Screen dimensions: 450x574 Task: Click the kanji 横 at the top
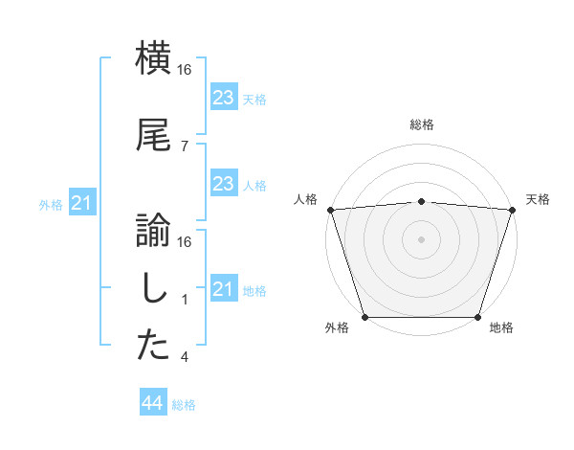pos(153,57)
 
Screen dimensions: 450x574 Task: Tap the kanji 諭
pos(153,230)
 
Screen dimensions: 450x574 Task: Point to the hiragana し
pos(153,287)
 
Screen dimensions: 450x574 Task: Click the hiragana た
pos(153,346)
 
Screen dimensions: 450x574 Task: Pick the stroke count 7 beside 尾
pos(184,146)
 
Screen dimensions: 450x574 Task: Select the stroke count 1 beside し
pos(184,300)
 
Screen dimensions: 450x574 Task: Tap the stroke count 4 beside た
pos(184,357)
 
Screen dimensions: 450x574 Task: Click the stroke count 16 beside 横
pos(186,69)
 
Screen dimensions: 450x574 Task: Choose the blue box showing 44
pos(153,403)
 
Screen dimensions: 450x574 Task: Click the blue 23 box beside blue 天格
pos(223,97)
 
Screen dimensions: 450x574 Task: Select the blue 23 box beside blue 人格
pos(223,184)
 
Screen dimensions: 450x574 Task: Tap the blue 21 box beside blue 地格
pos(223,289)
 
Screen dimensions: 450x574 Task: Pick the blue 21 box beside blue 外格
pos(81,203)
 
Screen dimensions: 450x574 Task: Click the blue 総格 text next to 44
pos(184,405)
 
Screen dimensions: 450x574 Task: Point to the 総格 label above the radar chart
pos(421,124)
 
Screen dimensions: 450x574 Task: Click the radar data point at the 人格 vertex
pos(330,210)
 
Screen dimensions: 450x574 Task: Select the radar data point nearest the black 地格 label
pos(477,317)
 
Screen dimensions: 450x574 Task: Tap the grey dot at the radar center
pos(421,239)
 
